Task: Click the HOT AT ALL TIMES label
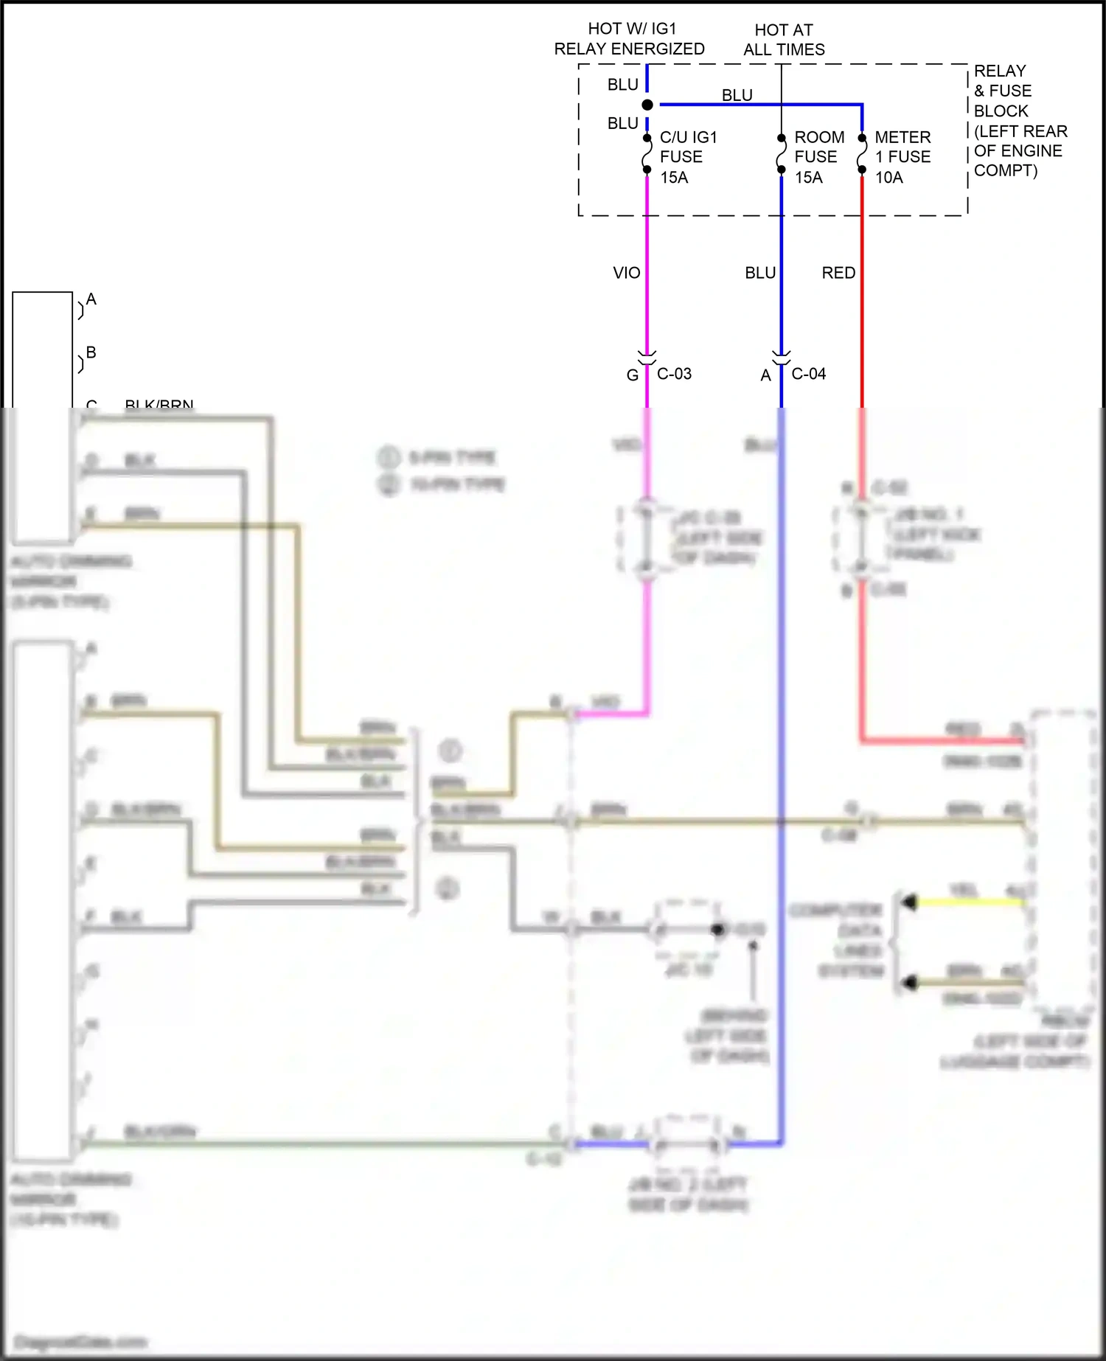[784, 40]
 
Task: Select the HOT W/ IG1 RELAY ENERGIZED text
[630, 39]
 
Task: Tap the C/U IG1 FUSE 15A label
[688, 157]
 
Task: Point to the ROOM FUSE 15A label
[818, 157]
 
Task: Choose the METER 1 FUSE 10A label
[902, 157]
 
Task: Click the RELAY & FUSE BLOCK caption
[1020, 121]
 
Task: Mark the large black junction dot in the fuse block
[647, 105]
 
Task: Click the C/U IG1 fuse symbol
[647, 153]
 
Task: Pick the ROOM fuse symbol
[782, 153]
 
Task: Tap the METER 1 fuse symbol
[862, 153]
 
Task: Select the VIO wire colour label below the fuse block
[627, 273]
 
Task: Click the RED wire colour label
[838, 273]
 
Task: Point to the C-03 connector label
[674, 374]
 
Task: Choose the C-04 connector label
[809, 374]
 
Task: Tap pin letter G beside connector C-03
[632, 375]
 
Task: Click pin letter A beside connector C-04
[766, 375]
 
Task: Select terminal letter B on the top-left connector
[91, 352]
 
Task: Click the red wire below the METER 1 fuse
[862, 295]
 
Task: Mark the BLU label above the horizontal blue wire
[737, 95]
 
